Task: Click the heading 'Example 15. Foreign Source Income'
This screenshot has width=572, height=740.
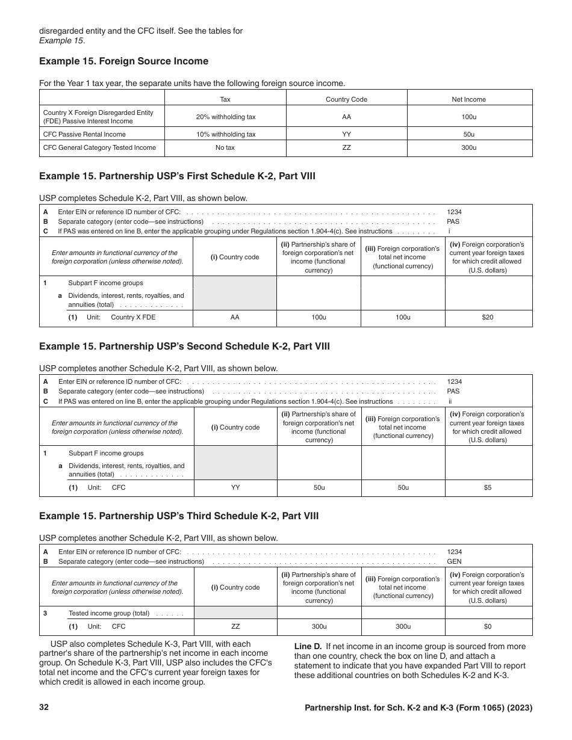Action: tap(123, 61)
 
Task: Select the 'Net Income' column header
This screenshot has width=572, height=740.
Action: tap(468, 99)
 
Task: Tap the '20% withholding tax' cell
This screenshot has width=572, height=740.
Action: tap(225, 117)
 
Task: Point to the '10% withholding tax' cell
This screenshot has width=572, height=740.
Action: tap(225, 134)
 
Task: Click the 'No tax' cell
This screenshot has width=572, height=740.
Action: tap(225, 147)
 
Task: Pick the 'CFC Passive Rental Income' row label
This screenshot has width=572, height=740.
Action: tap(84, 134)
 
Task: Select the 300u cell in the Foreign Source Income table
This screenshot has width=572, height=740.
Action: tap(468, 147)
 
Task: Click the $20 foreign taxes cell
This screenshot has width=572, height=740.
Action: tap(488, 317)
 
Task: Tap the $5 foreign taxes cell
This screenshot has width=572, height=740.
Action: tap(488, 487)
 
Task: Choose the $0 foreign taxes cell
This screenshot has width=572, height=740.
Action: tap(488, 626)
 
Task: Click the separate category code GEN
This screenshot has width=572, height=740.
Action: tap(453, 561)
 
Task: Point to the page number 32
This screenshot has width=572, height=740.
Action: tap(44, 708)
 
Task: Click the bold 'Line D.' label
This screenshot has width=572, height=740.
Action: tap(308, 646)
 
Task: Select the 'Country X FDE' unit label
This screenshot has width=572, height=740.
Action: tap(133, 317)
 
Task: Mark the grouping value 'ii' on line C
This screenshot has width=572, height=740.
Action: tap(450, 401)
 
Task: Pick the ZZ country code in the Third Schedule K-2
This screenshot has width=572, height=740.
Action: tap(235, 626)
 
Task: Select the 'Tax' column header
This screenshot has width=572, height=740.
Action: tap(225, 99)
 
